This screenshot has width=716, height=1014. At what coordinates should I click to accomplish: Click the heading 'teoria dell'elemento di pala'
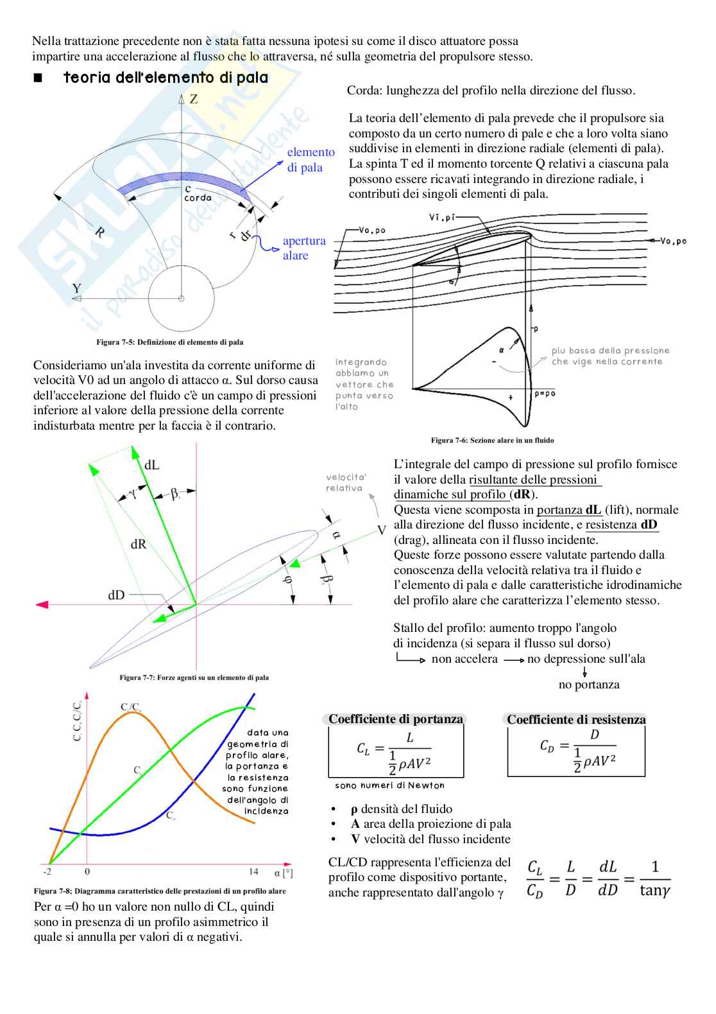166,78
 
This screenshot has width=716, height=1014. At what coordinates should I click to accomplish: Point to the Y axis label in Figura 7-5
77,288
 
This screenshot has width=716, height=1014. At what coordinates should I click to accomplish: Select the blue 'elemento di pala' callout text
311,160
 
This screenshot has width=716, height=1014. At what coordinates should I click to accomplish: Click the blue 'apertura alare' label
303,248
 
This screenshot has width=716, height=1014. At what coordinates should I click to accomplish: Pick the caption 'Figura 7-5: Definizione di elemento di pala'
169,342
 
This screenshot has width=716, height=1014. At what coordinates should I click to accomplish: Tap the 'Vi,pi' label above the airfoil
441,218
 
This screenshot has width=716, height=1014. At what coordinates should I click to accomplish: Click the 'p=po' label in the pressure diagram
545,394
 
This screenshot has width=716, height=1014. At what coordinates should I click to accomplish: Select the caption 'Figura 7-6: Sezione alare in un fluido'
492,441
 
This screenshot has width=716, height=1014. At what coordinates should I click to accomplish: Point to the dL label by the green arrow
152,465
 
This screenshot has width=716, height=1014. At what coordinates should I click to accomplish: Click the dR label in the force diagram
138,545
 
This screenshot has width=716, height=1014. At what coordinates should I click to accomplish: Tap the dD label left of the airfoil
116,595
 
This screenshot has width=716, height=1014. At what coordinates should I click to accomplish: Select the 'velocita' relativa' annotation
346,483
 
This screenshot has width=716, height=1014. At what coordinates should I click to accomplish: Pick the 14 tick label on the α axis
254,871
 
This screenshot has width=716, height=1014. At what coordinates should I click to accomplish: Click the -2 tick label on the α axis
47,871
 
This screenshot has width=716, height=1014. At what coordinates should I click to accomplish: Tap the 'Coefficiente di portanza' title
395,719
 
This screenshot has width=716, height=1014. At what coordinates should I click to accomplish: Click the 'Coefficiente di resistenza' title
576,720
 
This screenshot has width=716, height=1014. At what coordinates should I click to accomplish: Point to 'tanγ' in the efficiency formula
655,891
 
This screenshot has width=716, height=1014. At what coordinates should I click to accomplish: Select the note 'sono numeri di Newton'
389,785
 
